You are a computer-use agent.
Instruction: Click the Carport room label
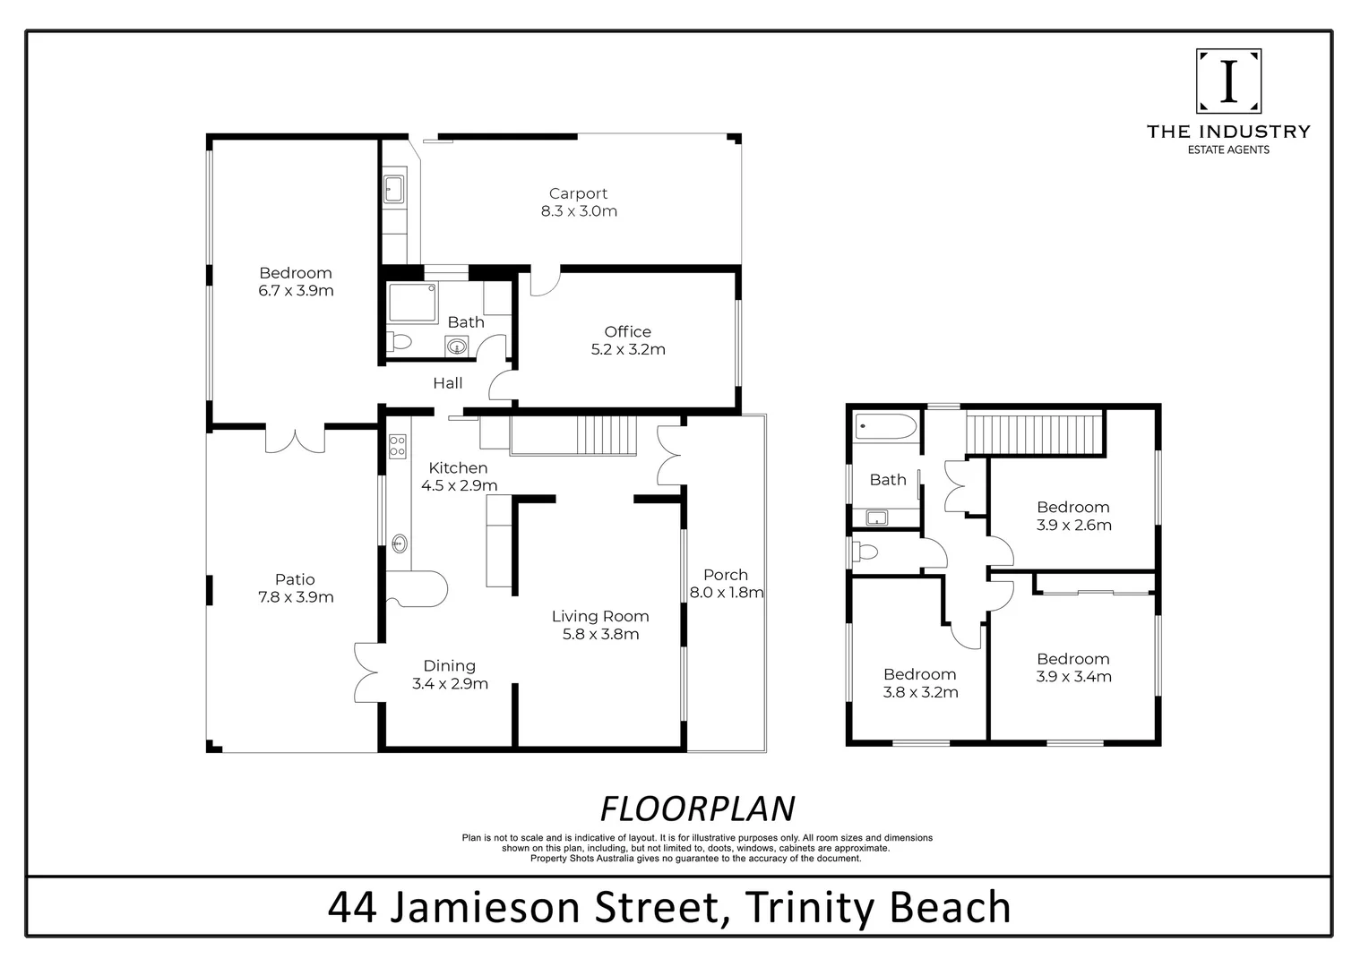578,193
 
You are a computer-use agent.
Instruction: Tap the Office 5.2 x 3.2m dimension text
628,350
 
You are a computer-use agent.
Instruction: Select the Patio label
295,579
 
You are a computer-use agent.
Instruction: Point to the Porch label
726,575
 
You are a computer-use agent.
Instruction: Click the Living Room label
599,616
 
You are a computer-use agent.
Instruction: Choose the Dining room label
450,665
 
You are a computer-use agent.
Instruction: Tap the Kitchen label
458,467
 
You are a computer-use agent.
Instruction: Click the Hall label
448,383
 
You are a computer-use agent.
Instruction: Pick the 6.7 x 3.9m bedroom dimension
296,291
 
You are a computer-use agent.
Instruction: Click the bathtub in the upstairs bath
886,427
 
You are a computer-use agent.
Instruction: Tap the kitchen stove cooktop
397,446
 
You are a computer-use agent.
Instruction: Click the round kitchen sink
400,542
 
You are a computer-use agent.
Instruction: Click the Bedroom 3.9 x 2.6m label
1073,508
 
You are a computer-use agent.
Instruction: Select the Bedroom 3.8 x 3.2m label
920,674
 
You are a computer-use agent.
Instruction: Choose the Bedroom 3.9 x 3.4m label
1073,659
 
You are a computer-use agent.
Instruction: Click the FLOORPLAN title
697,809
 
